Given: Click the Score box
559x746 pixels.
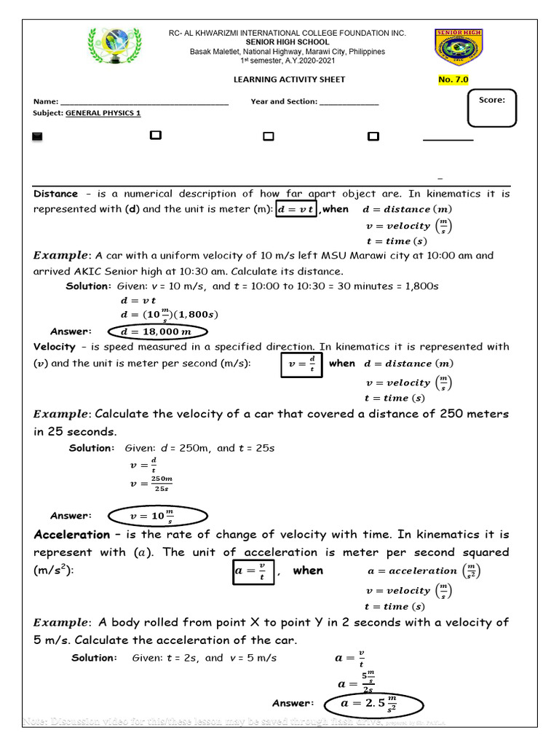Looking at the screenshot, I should coord(492,107).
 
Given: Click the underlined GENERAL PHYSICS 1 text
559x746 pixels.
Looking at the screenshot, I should coord(103,114).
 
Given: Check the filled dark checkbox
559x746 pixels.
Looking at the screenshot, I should coord(38,136).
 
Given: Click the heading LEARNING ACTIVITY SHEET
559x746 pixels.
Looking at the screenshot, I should coord(289,79).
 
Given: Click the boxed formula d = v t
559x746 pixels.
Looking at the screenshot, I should coord(296,210).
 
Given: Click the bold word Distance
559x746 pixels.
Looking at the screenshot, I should coord(55,194).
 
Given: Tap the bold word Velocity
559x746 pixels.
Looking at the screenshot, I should coord(55,347).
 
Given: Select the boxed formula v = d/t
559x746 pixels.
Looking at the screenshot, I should coord(301,364).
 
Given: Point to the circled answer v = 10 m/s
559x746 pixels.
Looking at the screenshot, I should coord(157,516).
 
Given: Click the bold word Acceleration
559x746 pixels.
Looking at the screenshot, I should coord(72,535).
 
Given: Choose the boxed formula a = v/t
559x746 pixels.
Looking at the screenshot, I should coord(250,572).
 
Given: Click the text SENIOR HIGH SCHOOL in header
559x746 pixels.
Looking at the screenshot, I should coord(288,42).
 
